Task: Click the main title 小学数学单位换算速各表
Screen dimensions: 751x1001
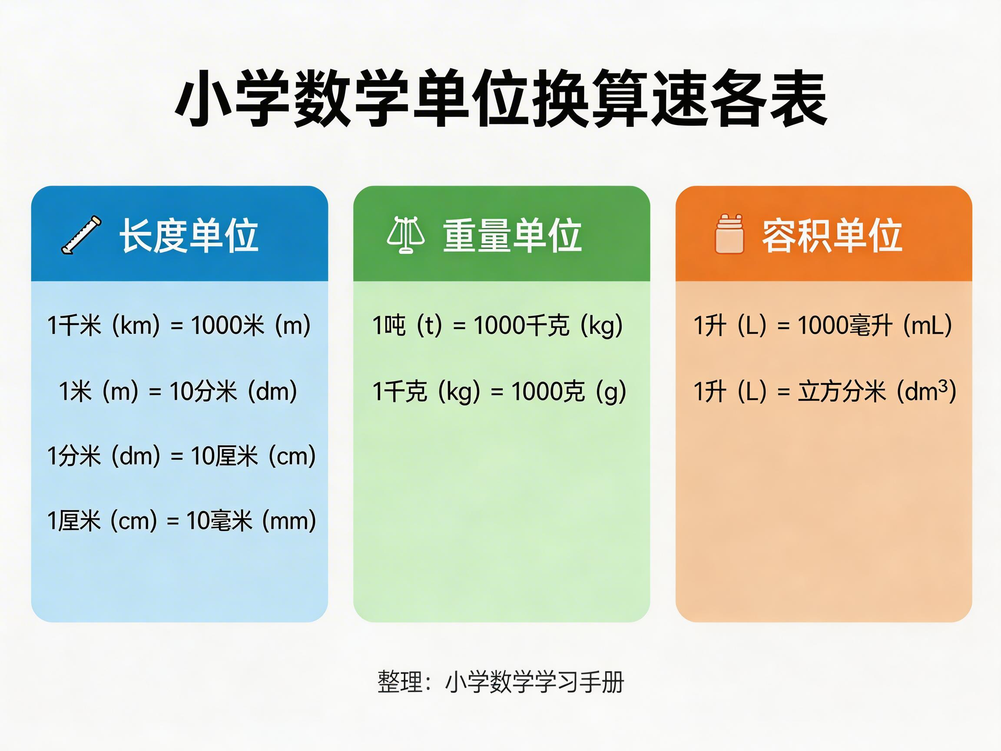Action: coord(500,99)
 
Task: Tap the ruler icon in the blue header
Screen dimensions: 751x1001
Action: coord(81,235)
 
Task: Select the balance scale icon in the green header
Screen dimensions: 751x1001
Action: coord(405,235)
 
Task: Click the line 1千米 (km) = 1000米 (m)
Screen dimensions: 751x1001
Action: coord(179,325)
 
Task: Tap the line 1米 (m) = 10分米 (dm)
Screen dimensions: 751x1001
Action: coord(178,391)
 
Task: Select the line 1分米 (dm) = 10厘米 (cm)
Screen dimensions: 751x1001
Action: coord(181,455)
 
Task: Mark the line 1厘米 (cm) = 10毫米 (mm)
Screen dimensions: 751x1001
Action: coord(181,521)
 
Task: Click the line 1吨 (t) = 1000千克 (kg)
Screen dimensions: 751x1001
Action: coord(497,325)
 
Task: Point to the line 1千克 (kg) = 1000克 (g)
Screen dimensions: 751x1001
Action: coord(499,391)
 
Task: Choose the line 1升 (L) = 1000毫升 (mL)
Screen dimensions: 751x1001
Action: coord(823,325)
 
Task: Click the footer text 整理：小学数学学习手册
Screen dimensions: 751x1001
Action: coord(500,682)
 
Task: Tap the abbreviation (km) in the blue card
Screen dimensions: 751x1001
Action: coord(136,325)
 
